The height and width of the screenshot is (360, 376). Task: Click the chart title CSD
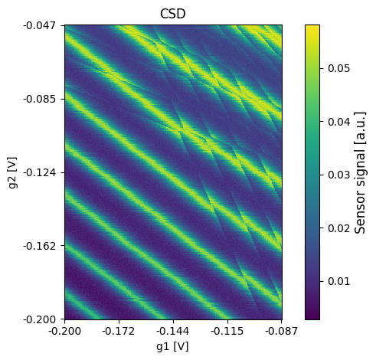(172, 14)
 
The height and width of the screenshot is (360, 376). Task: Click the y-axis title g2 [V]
(13, 172)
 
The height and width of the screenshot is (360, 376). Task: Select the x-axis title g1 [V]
(172, 347)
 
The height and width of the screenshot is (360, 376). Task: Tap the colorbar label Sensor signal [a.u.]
(360, 172)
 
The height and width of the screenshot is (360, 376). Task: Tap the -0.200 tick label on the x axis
(65, 331)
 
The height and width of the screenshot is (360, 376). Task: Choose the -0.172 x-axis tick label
(119, 331)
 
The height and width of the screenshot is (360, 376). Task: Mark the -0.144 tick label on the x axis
(173, 331)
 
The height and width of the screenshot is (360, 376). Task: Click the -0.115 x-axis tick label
(227, 331)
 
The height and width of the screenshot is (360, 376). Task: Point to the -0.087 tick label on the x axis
(282, 331)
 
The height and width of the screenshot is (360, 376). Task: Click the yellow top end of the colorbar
(312, 25)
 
